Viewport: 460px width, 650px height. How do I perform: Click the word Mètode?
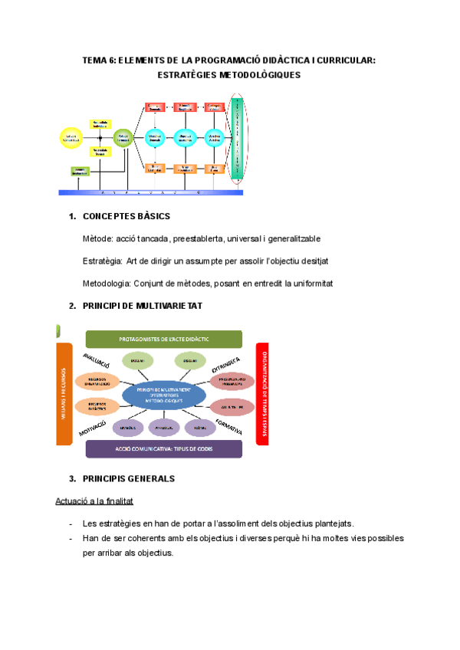[97, 239]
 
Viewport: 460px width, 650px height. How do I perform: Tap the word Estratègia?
[102, 261]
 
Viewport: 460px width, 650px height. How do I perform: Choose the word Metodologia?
[107, 284]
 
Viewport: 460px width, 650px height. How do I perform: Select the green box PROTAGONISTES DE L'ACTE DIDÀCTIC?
[163, 338]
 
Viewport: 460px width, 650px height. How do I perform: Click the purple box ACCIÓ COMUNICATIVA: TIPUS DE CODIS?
[163, 448]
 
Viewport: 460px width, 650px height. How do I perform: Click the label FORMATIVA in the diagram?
[230, 426]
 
